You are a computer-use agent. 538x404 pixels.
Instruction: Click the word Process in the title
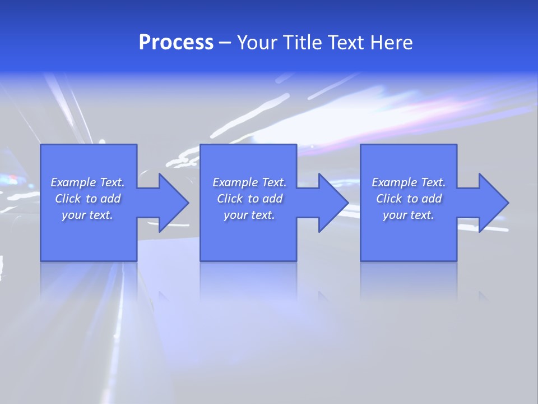(176, 43)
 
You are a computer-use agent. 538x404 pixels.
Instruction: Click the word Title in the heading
(301, 43)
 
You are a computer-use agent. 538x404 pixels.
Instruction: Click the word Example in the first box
(73, 182)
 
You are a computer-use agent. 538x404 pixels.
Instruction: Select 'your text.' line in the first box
(87, 215)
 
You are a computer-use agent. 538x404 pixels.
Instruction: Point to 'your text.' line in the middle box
(249, 215)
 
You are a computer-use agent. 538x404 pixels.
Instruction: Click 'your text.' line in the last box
(409, 215)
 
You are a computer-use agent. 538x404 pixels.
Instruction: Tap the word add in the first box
(110, 199)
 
